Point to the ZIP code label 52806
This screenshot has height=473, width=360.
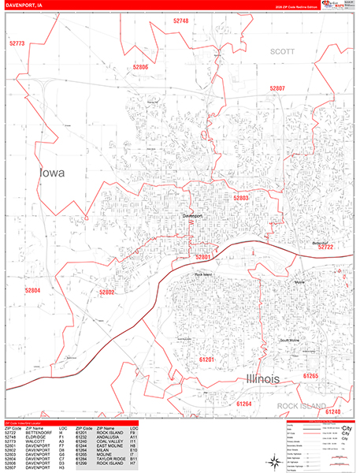140,68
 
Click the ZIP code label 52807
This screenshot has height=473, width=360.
276,88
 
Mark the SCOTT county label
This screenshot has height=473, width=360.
281,50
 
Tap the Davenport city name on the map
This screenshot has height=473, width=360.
192,215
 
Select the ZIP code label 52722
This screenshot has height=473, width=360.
326,247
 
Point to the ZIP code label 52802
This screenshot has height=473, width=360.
107,292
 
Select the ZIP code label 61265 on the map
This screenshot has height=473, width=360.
310,377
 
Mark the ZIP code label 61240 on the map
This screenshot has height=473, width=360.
332,412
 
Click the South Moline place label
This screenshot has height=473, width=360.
289,340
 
